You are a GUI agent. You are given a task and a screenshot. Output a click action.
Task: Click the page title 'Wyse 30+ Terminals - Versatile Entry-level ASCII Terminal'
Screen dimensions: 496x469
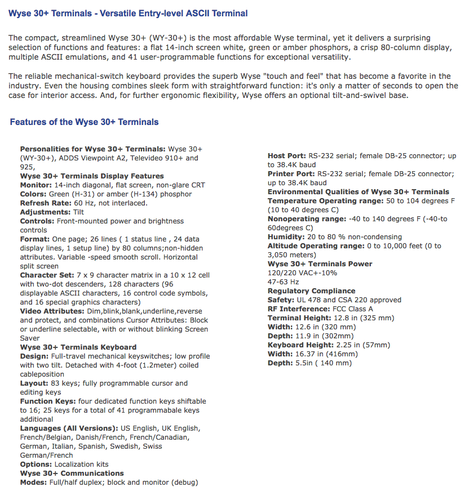[x=128, y=13]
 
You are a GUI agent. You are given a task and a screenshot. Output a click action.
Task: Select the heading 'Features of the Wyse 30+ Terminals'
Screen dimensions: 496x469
[x=84, y=122]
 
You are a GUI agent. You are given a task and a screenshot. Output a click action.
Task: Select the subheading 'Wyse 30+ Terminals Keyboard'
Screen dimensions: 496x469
[x=78, y=347]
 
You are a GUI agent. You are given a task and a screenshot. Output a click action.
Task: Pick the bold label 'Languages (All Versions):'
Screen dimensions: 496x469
[x=67, y=428]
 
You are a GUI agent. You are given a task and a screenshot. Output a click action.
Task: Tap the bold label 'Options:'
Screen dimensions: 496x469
[x=36, y=464]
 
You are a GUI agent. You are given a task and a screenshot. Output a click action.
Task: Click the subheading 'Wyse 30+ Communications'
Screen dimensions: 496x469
[x=72, y=473]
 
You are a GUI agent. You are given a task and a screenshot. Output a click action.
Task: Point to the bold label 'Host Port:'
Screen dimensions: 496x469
[x=286, y=156]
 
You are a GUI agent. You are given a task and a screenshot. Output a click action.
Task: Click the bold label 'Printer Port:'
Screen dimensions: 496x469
[x=291, y=174]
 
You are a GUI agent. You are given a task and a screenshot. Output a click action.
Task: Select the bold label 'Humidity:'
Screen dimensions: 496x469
[x=286, y=237]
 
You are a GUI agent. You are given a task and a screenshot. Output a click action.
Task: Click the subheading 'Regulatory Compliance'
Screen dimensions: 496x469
[x=311, y=291]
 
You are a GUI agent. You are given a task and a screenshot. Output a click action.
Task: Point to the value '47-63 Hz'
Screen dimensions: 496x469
[x=284, y=282]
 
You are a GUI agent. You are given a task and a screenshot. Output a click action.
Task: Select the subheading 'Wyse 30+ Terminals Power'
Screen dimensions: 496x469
[x=320, y=264]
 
